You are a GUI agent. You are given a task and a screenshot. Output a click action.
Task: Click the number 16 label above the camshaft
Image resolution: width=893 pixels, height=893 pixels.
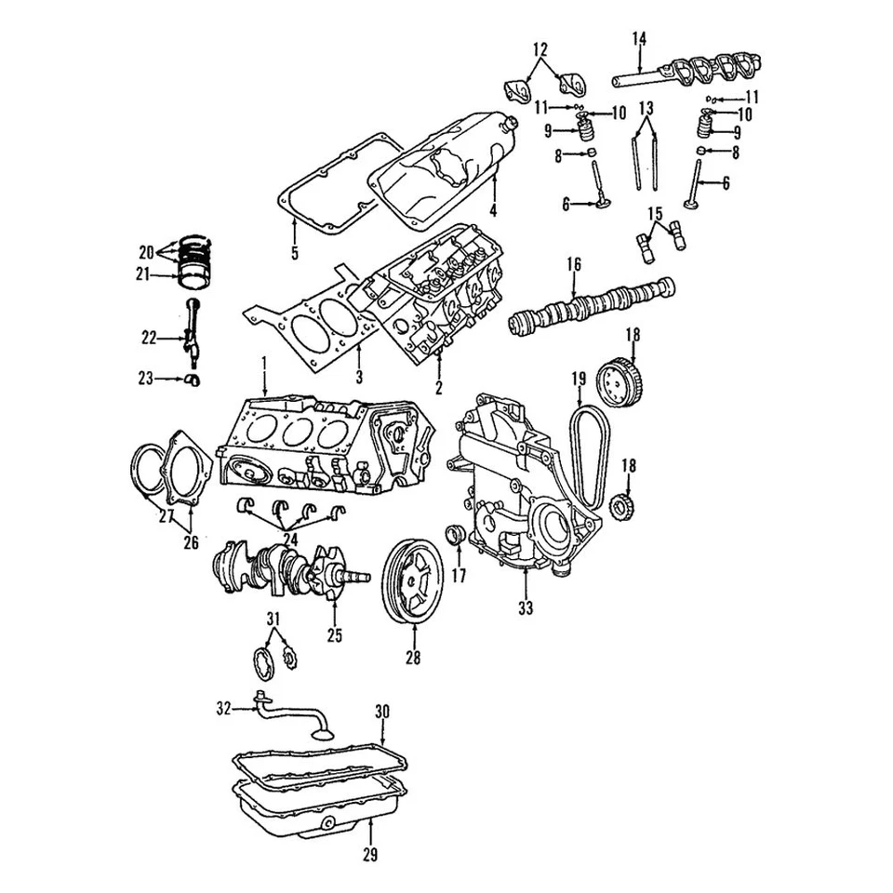tap(574, 265)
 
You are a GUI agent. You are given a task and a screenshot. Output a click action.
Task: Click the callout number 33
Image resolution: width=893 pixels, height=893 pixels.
tap(526, 610)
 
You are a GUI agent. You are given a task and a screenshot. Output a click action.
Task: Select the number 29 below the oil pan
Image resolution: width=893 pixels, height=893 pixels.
tap(371, 852)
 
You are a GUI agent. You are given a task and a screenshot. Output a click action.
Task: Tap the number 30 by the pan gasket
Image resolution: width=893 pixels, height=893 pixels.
tap(382, 712)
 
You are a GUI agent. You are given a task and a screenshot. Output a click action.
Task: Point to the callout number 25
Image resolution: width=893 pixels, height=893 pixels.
tap(334, 636)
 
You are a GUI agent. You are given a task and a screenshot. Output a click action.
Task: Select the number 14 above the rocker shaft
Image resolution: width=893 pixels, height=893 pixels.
tap(639, 38)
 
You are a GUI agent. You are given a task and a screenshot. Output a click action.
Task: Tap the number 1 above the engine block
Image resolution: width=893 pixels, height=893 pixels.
tap(264, 362)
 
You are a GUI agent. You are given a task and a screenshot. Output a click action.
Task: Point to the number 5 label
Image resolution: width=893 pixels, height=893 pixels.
tap(294, 253)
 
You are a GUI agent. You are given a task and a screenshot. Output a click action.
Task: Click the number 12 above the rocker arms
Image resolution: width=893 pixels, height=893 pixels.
tap(540, 48)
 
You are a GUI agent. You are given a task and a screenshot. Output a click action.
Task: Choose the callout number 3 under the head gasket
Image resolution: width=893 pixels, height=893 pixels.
tap(358, 377)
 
